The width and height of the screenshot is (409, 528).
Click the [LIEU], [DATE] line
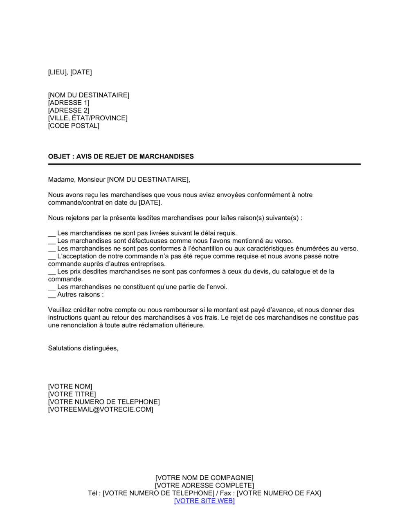tap(70, 72)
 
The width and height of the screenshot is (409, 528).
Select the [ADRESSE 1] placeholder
tap(69, 103)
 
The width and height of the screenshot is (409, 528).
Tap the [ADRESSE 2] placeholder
tap(69, 111)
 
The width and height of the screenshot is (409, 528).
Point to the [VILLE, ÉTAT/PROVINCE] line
tap(88, 118)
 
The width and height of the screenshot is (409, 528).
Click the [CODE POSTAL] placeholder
tap(74, 126)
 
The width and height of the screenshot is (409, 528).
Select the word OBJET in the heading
tap(59, 156)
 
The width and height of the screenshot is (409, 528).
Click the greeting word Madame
tap(61, 179)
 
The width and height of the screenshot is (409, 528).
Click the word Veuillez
tap(61, 310)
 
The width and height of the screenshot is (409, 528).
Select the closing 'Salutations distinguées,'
tap(83, 348)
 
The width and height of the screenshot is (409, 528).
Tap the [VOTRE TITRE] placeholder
tap(72, 394)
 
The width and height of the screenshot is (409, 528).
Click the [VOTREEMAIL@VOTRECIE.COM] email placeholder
tap(101, 409)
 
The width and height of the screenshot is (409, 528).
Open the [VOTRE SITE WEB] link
tap(204, 501)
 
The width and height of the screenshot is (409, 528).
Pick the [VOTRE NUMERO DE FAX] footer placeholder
tap(279, 493)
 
